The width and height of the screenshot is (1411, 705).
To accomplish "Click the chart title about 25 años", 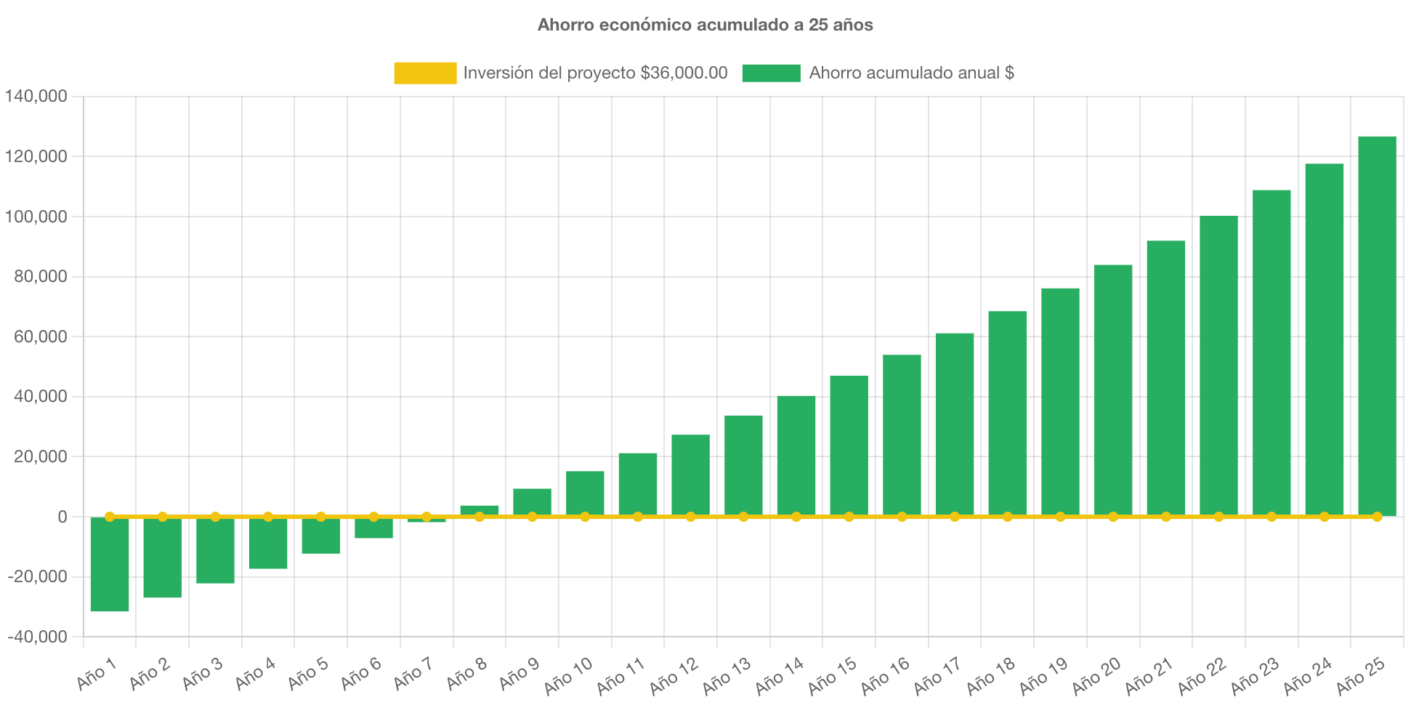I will (x=705, y=25).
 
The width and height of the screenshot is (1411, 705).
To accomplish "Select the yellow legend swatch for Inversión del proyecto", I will (x=425, y=73).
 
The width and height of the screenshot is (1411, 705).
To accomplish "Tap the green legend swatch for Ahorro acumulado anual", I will (x=771, y=73).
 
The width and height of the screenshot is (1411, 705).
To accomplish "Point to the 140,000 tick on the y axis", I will (x=36, y=96).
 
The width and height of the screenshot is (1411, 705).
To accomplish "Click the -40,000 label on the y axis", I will (x=38, y=637).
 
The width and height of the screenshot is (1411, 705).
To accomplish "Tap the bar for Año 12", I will (x=690, y=475).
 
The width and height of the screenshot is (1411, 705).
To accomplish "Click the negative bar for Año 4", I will (x=268, y=543).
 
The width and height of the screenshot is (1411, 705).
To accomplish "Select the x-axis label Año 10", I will (x=568, y=676).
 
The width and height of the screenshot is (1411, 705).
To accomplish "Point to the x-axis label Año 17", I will (x=937, y=676).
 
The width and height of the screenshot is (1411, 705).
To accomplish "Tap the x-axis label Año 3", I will (x=202, y=674).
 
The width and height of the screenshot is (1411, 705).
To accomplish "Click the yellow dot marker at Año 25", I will (x=1377, y=517).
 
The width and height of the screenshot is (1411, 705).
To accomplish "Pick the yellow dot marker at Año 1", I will (x=110, y=517).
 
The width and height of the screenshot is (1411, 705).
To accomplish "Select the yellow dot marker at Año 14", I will (x=796, y=517).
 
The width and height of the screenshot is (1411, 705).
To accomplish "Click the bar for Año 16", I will (x=902, y=435).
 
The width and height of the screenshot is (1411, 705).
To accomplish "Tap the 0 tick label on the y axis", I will (x=62, y=517).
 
